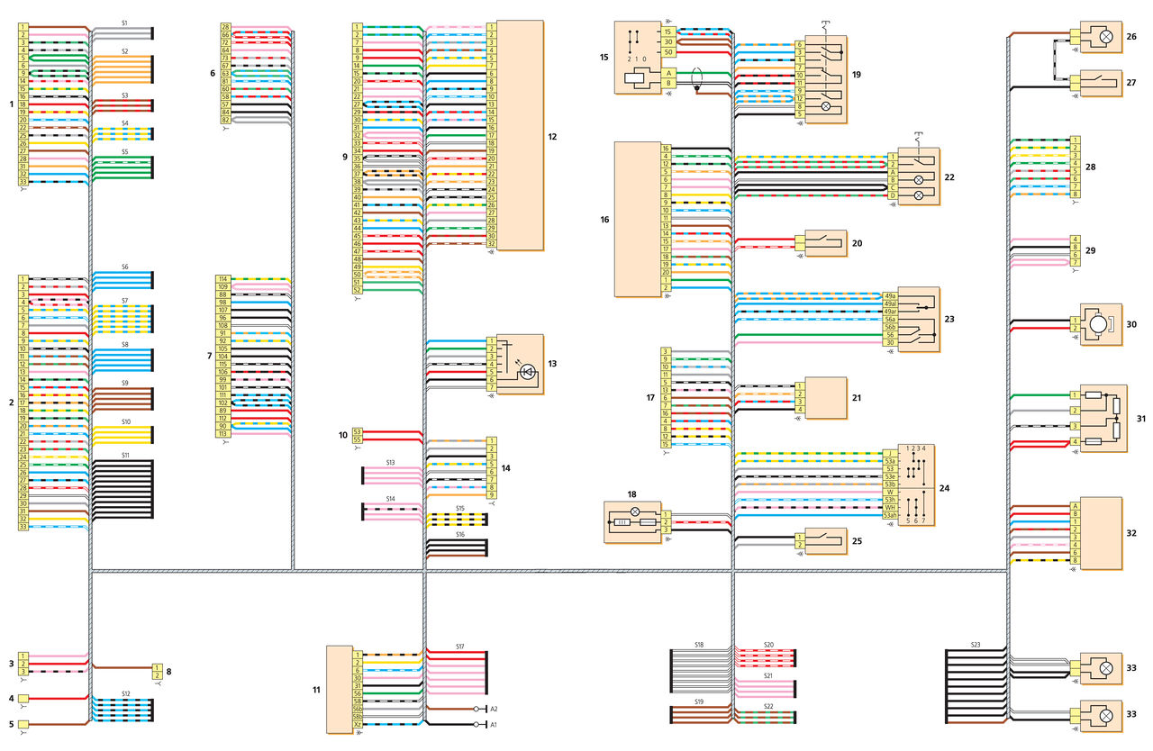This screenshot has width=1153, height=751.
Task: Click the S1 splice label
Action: point(124,22)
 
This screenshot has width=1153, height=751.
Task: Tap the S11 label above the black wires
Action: point(124,456)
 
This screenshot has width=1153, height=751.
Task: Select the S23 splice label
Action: point(976,644)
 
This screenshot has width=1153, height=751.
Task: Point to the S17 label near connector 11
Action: point(459,647)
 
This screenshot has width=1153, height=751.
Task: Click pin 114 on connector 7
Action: point(222,279)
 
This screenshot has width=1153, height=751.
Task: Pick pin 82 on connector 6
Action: point(225,120)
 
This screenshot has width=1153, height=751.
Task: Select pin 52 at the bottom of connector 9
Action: point(357,290)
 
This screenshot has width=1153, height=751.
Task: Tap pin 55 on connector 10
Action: point(357,440)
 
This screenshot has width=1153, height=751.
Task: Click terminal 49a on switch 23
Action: point(889,295)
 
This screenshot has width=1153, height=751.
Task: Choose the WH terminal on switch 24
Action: point(889,507)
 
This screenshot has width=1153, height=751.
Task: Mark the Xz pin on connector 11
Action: point(357,724)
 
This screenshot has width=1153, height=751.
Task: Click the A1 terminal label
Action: point(494,724)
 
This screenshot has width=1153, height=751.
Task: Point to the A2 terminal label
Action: point(494,709)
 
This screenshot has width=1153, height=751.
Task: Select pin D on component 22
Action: point(893,195)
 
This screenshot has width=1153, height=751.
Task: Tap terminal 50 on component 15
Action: point(668,53)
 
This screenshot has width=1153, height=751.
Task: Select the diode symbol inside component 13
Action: point(529,369)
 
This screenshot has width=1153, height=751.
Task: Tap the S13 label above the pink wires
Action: point(390,462)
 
